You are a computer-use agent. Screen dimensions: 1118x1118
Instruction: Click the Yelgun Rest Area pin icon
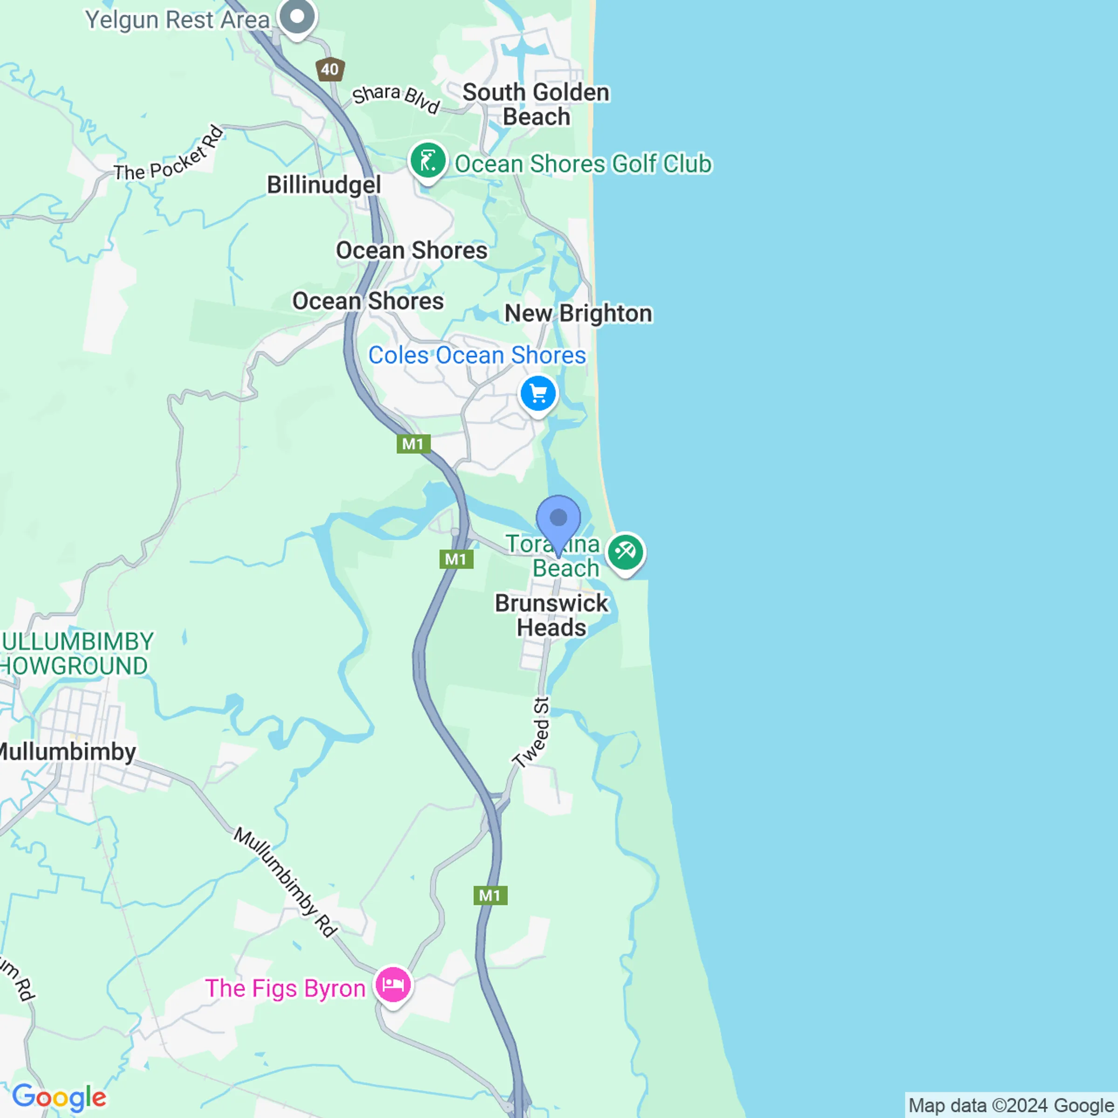(x=297, y=17)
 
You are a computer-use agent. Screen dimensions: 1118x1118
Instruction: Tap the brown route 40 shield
(x=330, y=70)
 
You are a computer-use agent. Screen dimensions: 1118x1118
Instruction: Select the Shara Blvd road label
(x=396, y=98)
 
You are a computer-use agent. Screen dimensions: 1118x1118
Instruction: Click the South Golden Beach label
(x=536, y=105)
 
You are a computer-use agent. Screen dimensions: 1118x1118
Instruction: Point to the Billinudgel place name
(x=323, y=185)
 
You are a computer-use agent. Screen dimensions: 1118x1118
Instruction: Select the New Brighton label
(x=578, y=314)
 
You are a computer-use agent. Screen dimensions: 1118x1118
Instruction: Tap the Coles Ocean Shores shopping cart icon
(x=538, y=394)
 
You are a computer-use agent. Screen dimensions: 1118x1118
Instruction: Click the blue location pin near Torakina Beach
(x=558, y=518)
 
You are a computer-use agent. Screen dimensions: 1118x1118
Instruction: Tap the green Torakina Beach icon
(x=625, y=551)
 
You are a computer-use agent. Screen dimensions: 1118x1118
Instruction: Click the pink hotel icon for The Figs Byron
(x=393, y=984)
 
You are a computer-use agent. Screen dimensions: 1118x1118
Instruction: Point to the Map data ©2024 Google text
(x=1011, y=1105)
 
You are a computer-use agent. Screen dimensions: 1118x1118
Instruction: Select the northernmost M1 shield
(x=413, y=444)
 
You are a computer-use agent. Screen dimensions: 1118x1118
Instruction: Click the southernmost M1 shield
(x=490, y=895)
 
